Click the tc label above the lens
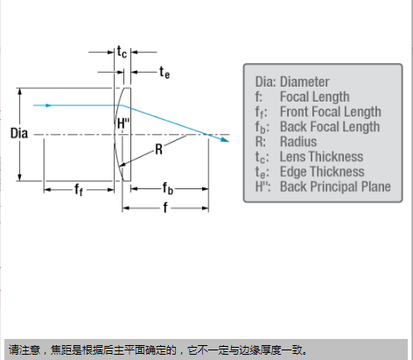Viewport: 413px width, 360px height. point(122,52)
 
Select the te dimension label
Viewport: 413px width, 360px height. point(164,72)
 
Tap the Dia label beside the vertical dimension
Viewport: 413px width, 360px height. point(19,133)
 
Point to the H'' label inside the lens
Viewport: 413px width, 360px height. point(123,124)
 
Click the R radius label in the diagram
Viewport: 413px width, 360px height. point(158,150)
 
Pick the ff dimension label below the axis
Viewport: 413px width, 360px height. point(79,189)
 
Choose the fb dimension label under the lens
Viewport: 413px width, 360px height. point(168,188)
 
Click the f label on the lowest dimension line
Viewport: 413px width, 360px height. point(165,208)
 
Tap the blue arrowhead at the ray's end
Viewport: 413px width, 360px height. point(225,140)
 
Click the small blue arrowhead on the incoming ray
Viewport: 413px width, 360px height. point(49,105)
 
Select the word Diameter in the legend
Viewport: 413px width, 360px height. point(304,81)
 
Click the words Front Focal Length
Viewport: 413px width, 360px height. point(331,111)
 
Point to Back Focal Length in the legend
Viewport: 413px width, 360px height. point(330,126)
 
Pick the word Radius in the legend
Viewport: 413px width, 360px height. point(298,142)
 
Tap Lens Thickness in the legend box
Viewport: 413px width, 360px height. point(321,157)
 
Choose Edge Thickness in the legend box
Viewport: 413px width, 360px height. point(322,172)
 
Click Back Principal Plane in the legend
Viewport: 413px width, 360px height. point(335,187)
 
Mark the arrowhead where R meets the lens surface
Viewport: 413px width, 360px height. point(122,166)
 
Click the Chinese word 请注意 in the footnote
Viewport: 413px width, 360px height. point(24,349)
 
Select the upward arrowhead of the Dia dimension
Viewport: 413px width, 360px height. point(19,92)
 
